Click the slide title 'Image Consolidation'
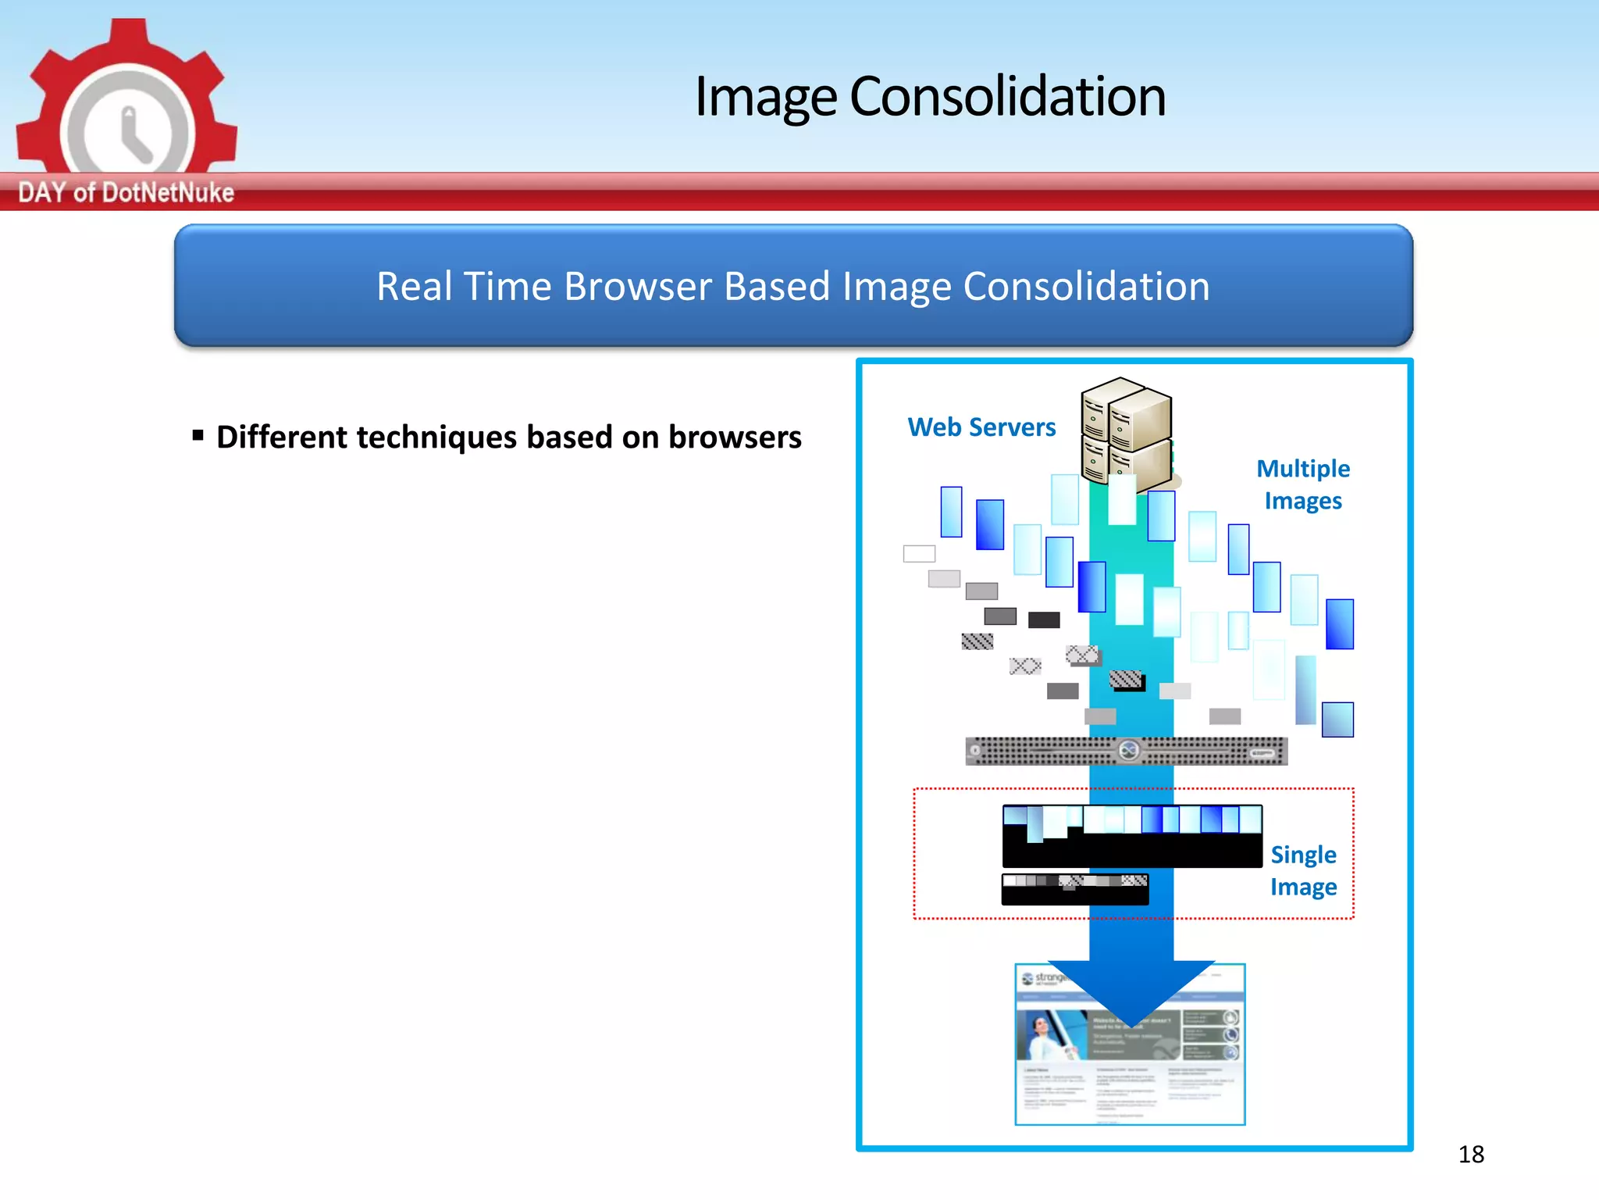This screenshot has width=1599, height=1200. click(x=930, y=97)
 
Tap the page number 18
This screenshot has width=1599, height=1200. click(x=1471, y=1154)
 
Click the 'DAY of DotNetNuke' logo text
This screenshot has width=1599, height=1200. click(x=126, y=192)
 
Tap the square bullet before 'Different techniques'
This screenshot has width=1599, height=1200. click(x=198, y=435)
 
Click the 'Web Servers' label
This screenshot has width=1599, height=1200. click(x=981, y=427)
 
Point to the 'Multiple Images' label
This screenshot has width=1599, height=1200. click(x=1303, y=484)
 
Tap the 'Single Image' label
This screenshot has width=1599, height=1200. click(x=1303, y=870)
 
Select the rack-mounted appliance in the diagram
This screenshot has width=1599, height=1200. click(x=1126, y=752)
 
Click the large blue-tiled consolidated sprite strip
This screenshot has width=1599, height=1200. click(x=1132, y=836)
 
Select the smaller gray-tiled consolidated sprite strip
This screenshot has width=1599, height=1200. click(x=1074, y=889)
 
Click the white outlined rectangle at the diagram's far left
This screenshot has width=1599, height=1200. click(x=919, y=554)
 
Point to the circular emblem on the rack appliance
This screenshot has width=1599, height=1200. click(x=1129, y=752)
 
